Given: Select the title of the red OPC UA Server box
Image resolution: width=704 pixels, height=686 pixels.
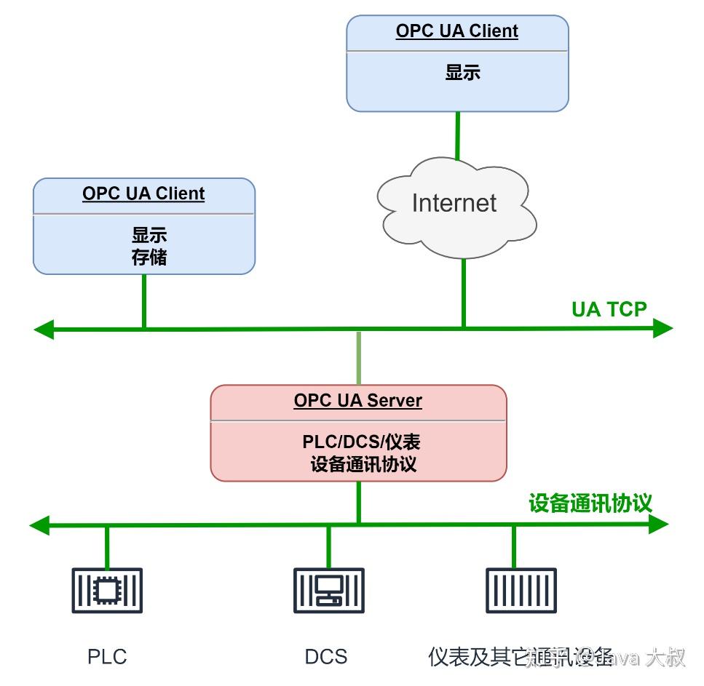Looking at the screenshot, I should (x=357, y=401).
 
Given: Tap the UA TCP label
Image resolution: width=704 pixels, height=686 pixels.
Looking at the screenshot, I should (x=609, y=309).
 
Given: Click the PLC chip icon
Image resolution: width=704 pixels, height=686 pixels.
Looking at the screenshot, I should (x=107, y=590).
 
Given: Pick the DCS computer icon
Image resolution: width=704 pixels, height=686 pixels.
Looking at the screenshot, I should (x=328, y=590).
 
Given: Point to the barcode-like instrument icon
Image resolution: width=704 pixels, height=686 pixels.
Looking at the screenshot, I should (x=521, y=590).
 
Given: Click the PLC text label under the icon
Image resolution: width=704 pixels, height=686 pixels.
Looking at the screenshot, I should (x=107, y=657).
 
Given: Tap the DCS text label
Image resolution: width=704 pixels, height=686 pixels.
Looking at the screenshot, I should (x=325, y=657).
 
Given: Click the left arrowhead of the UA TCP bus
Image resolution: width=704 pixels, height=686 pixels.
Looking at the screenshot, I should (x=44, y=330).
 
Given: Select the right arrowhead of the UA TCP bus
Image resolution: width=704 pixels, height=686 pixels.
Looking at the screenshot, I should (x=662, y=328).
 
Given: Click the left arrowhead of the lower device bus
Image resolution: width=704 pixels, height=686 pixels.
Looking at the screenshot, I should (x=39, y=525).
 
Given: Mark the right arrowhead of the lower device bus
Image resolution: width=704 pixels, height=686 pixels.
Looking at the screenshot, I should (x=658, y=523).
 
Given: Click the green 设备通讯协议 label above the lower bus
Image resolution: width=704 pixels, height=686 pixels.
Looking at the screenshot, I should (x=590, y=503).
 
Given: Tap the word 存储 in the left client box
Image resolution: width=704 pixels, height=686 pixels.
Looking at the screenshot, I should (x=149, y=258).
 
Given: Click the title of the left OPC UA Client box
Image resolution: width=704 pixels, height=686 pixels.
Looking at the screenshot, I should (x=143, y=194).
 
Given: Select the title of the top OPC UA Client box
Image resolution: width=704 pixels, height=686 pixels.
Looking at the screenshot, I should (x=457, y=31).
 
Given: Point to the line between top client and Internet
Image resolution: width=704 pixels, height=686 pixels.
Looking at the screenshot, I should (x=457, y=135).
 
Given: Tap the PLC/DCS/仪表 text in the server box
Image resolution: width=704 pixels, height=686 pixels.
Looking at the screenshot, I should (x=361, y=442).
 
